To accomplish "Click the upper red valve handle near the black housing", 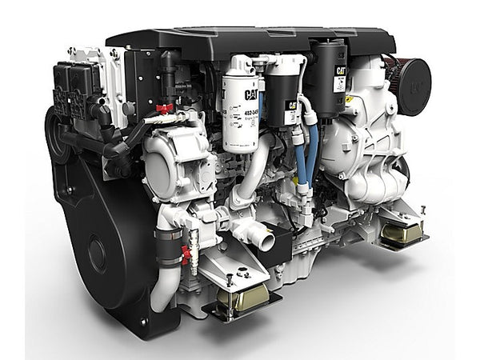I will [165, 108].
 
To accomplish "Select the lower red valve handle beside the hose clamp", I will [186, 254].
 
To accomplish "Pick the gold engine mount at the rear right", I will [401, 233].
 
